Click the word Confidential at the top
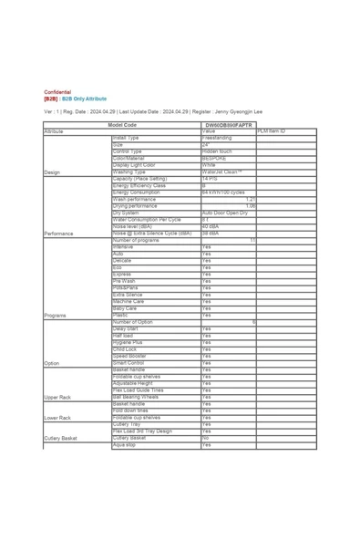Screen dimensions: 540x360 tap(57, 92)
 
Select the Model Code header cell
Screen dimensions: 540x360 tap(122, 125)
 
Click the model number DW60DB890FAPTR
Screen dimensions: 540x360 tap(228, 125)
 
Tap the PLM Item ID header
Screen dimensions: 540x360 tap(272, 131)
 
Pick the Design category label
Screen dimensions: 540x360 tap(52, 171)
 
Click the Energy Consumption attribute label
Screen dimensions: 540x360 tap(136, 192)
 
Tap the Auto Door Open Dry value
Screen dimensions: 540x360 tap(224, 213)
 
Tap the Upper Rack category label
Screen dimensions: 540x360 tap(58, 398)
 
